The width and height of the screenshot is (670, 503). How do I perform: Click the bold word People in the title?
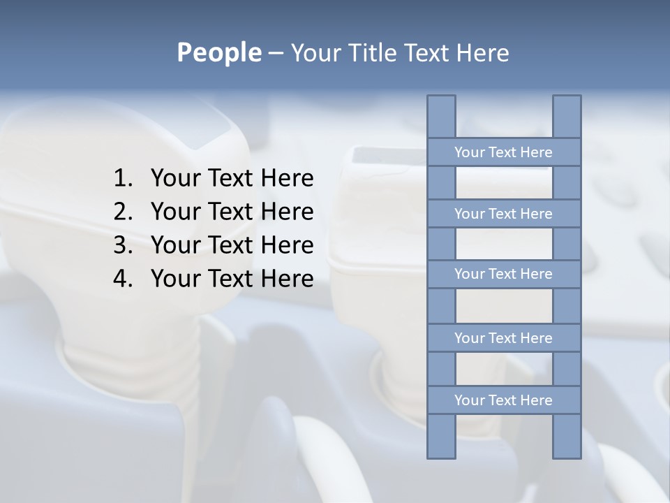click(x=218, y=53)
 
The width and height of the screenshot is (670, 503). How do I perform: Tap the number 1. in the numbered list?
click(x=122, y=179)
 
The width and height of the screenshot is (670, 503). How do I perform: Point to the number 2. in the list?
click(x=122, y=212)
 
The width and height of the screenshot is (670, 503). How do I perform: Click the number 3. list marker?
click(x=122, y=245)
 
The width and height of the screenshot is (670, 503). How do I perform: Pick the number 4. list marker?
click(x=122, y=279)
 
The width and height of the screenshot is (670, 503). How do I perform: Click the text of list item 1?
click(x=232, y=179)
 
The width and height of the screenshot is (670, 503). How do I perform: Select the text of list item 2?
click(x=232, y=212)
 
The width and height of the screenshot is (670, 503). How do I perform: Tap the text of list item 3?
click(x=232, y=245)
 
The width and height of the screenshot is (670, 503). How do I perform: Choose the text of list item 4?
click(x=232, y=279)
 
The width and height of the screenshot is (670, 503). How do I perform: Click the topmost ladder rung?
click(x=503, y=152)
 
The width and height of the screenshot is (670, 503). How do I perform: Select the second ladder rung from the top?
click(x=503, y=214)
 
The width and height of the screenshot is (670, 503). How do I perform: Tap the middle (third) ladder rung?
click(x=503, y=274)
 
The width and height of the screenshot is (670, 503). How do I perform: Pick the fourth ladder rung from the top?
click(x=503, y=338)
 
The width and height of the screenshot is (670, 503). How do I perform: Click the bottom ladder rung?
click(x=503, y=400)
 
